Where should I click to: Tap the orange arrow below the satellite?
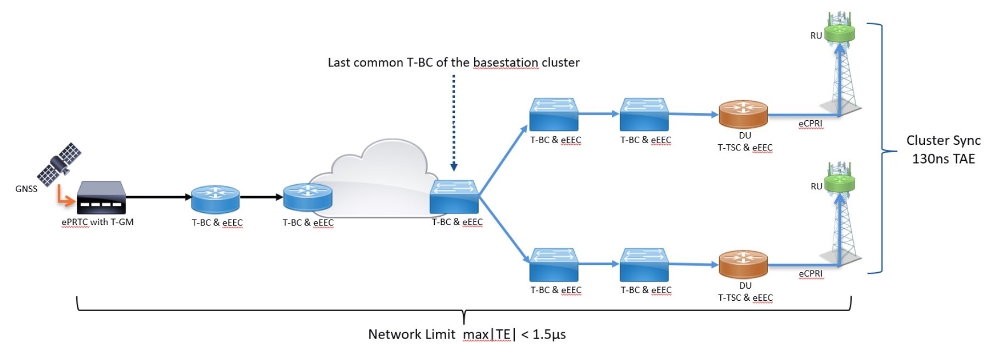(x=64, y=198)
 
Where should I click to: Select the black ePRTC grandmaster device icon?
(x=101, y=198)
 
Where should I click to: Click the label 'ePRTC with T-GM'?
(x=98, y=222)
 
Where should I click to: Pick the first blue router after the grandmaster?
(x=215, y=199)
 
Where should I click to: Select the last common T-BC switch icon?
(x=454, y=197)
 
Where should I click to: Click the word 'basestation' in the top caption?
(x=505, y=63)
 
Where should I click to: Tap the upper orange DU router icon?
(x=743, y=115)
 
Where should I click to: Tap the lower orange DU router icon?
(x=743, y=265)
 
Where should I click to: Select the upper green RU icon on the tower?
(x=840, y=33)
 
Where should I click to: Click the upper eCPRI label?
(x=810, y=123)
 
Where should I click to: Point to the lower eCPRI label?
(x=810, y=273)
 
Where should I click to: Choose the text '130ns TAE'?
(x=943, y=159)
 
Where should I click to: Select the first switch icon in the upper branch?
(x=554, y=115)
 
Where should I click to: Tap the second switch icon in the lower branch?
(x=644, y=265)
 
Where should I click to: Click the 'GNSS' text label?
(x=26, y=189)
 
